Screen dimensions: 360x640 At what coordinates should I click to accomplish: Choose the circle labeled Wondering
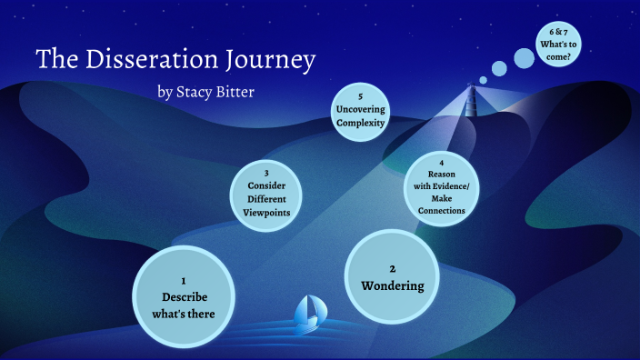pos(393,277)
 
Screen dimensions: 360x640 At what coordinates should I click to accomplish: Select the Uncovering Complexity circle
pos(360,110)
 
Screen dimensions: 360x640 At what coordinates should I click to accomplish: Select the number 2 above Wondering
pos(393,268)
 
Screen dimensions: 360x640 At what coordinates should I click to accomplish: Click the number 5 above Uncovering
pos(360,95)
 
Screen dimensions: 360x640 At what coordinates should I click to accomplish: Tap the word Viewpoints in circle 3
pos(267,213)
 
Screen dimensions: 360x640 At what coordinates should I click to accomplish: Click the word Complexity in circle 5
pos(360,123)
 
